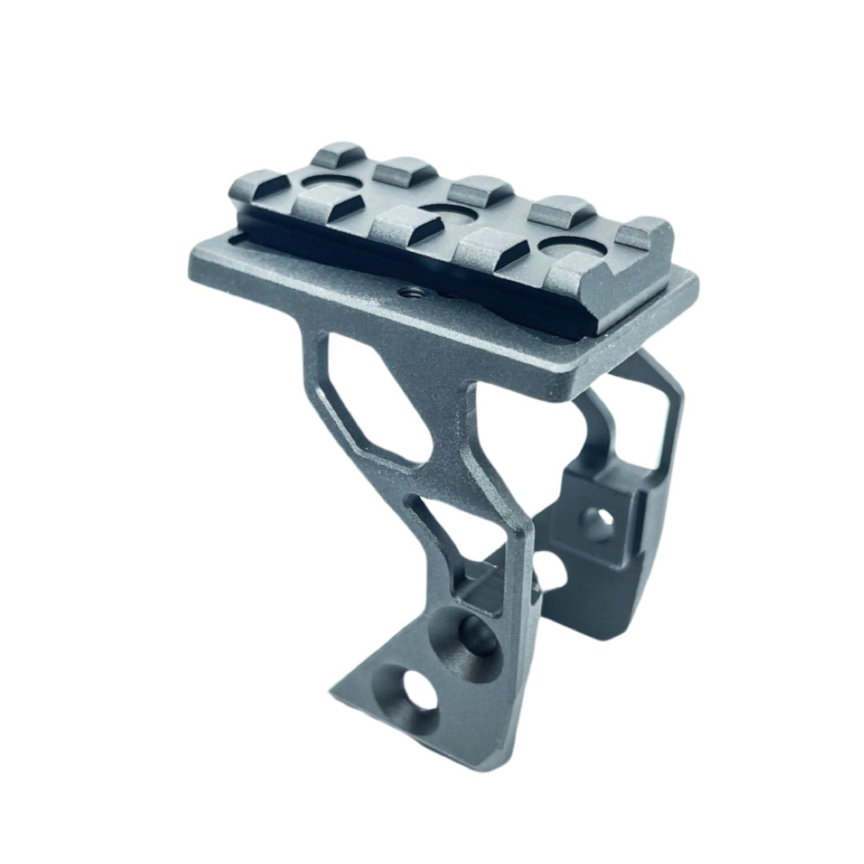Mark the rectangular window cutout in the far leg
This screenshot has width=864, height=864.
click(x=640, y=436)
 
